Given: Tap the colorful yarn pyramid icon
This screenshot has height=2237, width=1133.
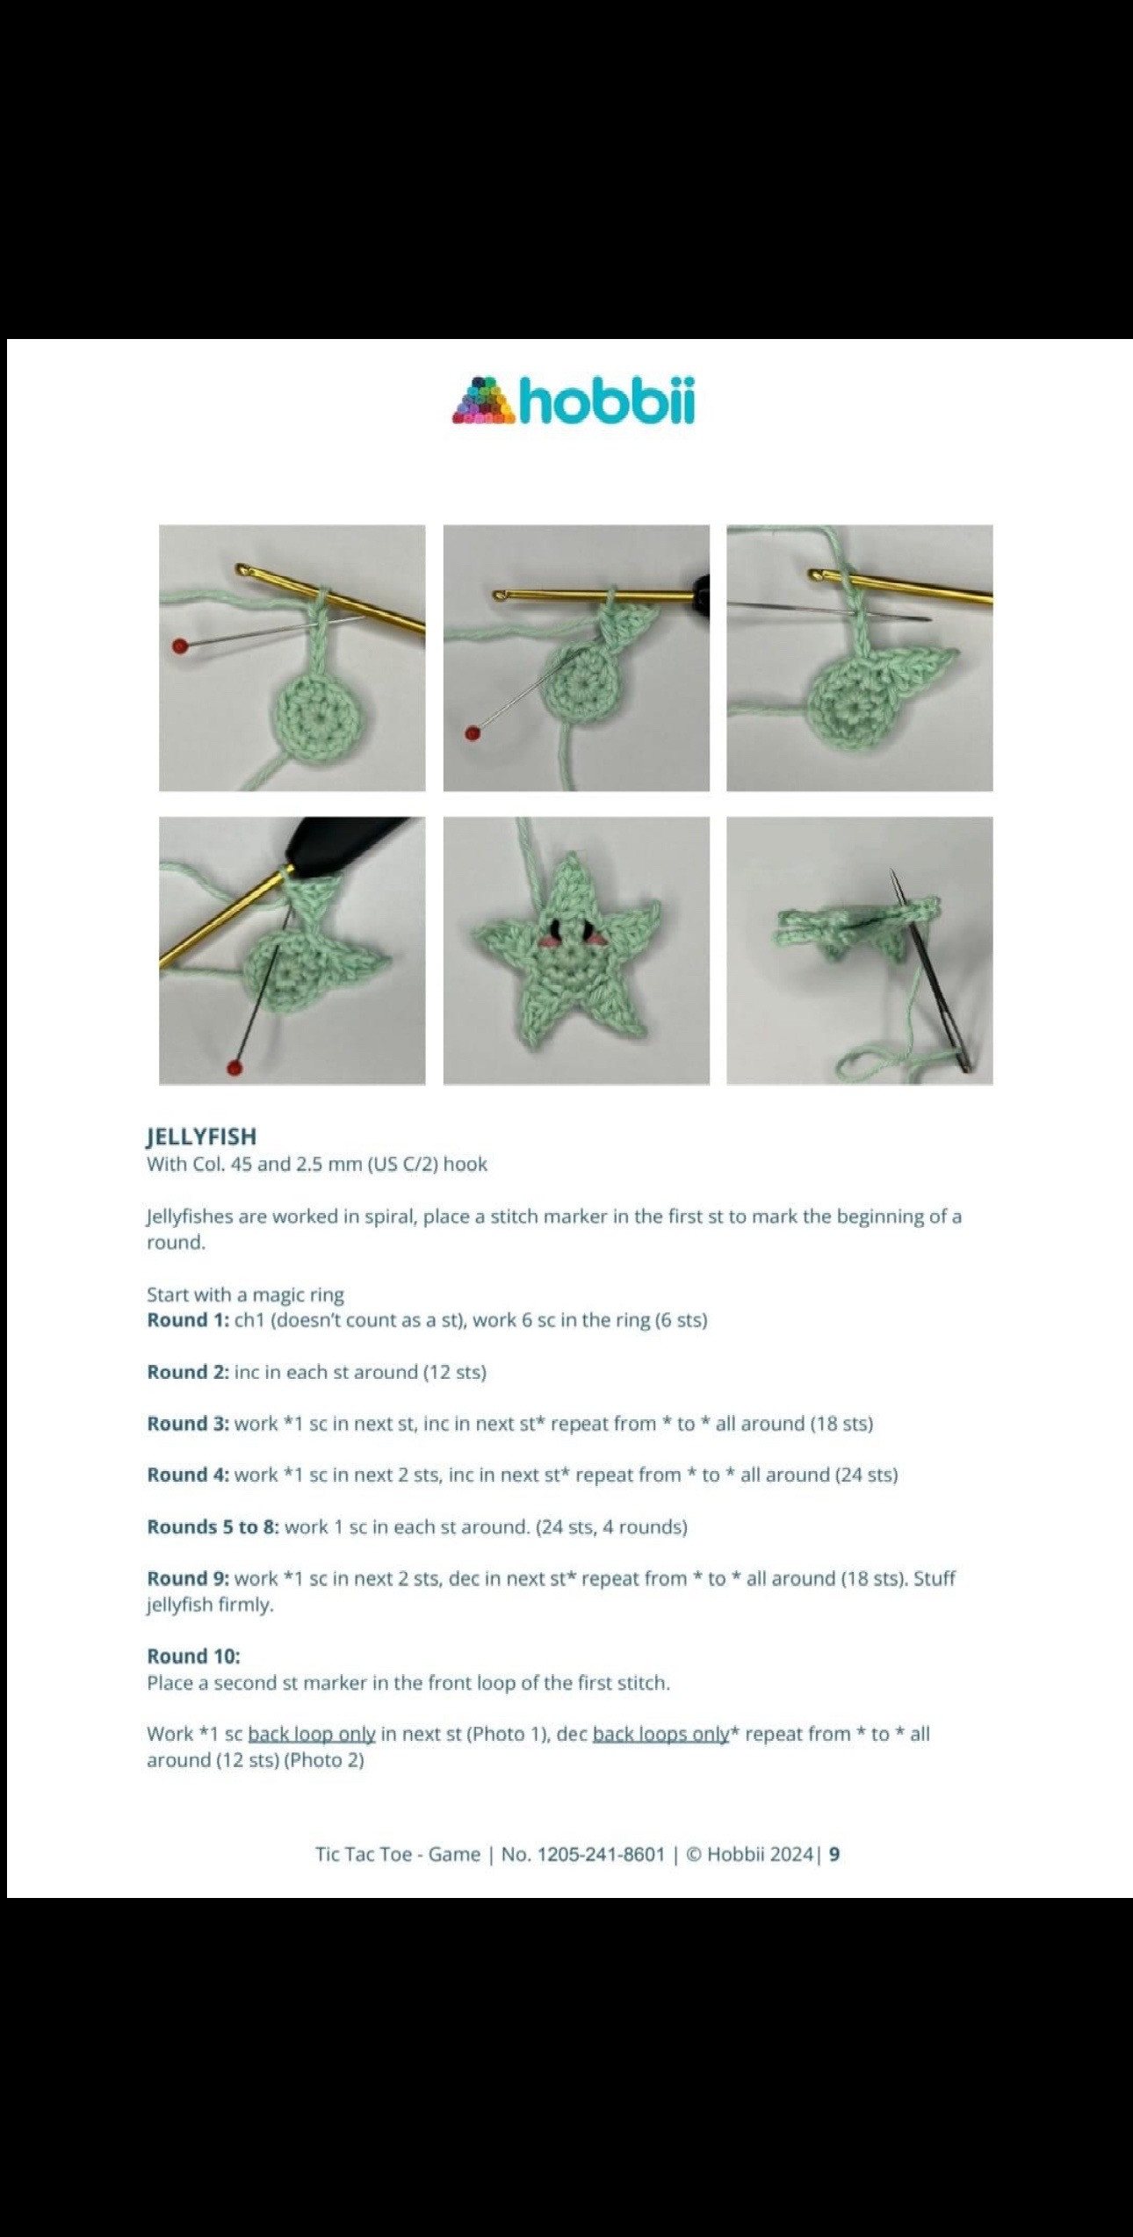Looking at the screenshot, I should pyautogui.click(x=484, y=402).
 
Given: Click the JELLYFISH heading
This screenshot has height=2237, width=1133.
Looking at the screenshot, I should pyautogui.click(x=201, y=1137).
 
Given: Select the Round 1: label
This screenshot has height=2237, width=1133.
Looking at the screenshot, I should pyautogui.click(x=188, y=1320).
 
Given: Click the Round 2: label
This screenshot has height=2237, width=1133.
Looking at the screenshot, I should pyautogui.click(x=188, y=1372).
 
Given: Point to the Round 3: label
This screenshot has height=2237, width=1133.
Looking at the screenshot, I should pyautogui.click(x=188, y=1424).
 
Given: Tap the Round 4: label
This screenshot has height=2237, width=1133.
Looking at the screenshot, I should pyautogui.click(x=188, y=1475).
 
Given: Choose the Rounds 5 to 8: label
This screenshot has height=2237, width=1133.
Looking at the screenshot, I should pyautogui.click(x=213, y=1526).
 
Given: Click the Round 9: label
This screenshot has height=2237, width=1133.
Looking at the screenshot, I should pyautogui.click(x=188, y=1578).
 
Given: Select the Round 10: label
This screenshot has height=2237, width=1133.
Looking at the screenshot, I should pyautogui.click(x=193, y=1656).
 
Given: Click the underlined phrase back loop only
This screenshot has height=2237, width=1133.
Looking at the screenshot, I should pyautogui.click(x=312, y=1734).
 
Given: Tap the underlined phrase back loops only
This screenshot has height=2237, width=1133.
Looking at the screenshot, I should pyautogui.click(x=660, y=1734).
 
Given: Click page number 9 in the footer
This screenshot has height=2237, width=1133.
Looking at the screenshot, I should pyautogui.click(x=834, y=1854).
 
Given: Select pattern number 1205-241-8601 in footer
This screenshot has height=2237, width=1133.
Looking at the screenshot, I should pyautogui.click(x=601, y=1854).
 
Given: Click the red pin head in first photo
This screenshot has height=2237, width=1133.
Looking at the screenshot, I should pyautogui.click(x=179, y=646).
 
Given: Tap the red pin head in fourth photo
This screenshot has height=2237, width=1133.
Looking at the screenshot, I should pyautogui.click(x=234, y=1067).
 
